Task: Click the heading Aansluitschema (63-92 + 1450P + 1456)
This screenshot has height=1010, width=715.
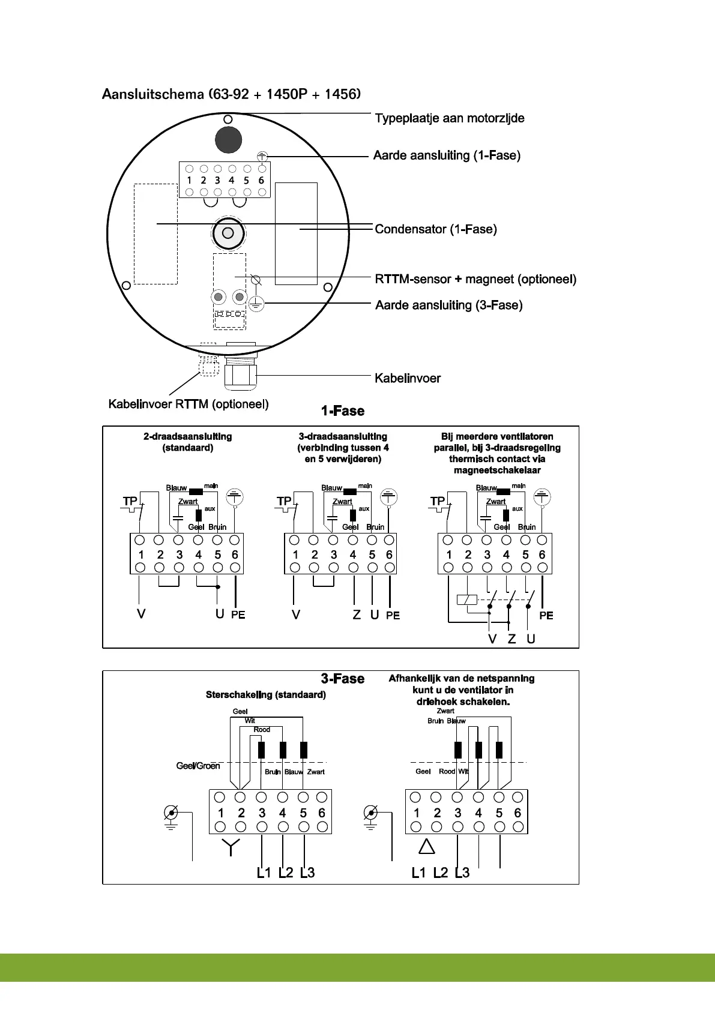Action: [x=231, y=94]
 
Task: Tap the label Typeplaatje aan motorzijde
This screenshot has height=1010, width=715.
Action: [x=450, y=118]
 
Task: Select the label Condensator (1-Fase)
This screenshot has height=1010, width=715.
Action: [x=436, y=229]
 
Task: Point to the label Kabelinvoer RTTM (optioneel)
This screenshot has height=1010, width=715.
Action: [x=189, y=404]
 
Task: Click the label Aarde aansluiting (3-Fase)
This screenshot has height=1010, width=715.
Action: [x=448, y=305]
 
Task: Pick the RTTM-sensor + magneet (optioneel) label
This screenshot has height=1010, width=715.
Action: [x=475, y=279]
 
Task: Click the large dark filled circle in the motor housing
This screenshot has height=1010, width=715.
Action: [x=228, y=140]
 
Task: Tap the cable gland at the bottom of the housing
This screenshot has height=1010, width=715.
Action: [x=240, y=373]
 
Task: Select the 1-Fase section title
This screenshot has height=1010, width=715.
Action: [x=343, y=411]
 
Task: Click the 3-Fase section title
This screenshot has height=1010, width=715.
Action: [x=343, y=679]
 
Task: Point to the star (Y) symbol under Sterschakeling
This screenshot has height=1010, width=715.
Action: [x=231, y=847]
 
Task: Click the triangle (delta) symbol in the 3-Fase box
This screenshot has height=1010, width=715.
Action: [x=426, y=847]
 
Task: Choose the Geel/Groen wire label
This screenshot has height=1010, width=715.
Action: [x=198, y=766]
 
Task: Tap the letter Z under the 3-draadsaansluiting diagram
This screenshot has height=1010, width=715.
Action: [x=357, y=615]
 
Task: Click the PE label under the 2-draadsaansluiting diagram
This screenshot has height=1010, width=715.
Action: [x=238, y=615]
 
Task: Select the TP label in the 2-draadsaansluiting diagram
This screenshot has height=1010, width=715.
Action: [x=130, y=502]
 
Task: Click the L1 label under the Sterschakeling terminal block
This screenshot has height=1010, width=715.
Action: [x=264, y=873]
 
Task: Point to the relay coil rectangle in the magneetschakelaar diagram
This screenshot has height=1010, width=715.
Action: [x=466, y=600]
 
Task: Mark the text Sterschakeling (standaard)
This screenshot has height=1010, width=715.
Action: [x=266, y=695]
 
